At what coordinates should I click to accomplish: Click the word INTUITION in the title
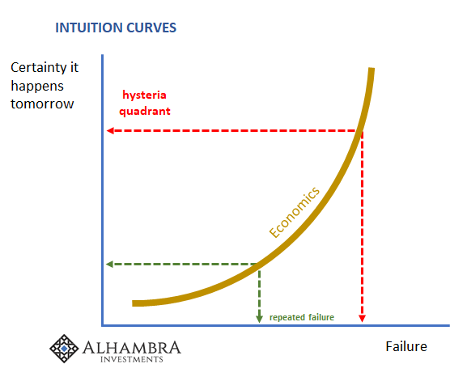[89, 28]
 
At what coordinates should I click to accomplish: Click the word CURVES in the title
[151, 28]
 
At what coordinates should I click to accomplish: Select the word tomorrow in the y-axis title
[42, 104]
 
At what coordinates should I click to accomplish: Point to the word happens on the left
[37, 87]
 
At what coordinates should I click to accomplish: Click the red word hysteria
[144, 95]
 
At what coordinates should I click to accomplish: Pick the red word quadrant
[145, 111]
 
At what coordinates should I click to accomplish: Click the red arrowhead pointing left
[110, 130]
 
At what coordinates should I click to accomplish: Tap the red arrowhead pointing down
[362, 318]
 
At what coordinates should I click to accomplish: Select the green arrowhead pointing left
[109, 264]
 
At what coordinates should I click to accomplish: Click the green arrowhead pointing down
[259, 319]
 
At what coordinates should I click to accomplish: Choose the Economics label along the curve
[295, 212]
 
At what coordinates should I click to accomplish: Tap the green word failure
[321, 317]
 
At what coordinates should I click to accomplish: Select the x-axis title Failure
[406, 346]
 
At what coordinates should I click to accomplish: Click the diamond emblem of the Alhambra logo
[64, 349]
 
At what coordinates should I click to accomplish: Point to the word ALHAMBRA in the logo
[131, 348]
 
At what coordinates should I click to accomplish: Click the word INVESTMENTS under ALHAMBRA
[132, 359]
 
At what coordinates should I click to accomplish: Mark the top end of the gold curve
[371, 69]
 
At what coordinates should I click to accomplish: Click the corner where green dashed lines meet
[259, 264]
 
